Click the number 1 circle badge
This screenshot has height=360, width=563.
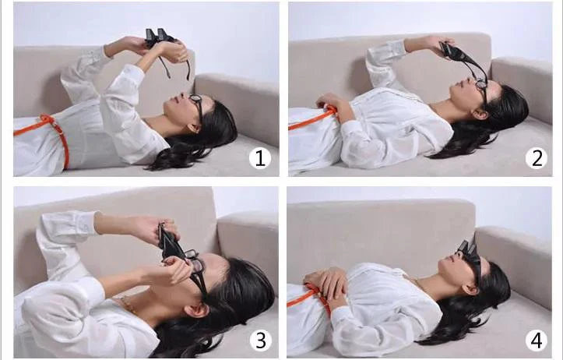(260, 158)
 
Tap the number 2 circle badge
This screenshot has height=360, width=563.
(537, 158)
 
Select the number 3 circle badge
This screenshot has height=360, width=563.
(260, 340)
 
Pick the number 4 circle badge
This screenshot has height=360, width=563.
(537, 340)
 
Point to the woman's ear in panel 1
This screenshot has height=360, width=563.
(194, 128)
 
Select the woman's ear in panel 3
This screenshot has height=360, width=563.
(198, 310)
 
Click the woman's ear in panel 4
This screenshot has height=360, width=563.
(468, 289)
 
